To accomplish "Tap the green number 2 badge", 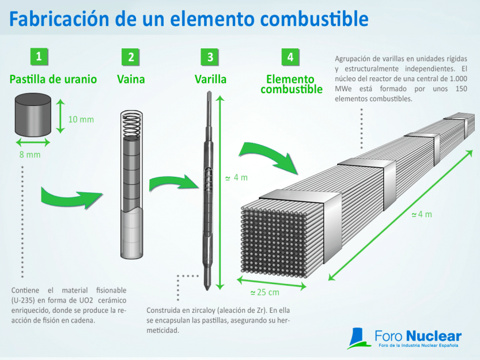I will click(131, 56).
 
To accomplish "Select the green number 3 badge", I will click(210, 56).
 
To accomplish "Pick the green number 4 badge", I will click(290, 56).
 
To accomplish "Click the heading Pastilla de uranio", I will click(53, 79).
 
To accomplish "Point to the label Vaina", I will click(130, 79).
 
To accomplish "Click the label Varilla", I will click(210, 79).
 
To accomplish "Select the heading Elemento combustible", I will click(291, 84).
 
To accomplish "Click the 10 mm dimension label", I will click(81, 120).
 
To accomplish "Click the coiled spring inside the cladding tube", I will click(131, 124).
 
